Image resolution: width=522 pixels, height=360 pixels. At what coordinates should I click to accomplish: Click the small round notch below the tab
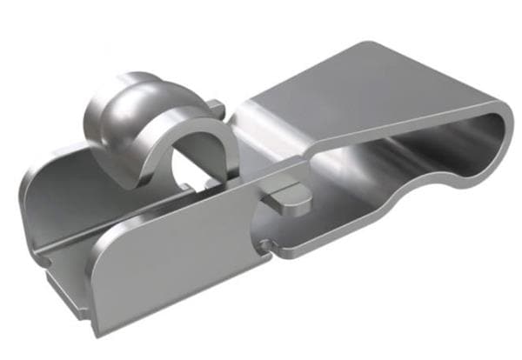(x=264, y=241)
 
